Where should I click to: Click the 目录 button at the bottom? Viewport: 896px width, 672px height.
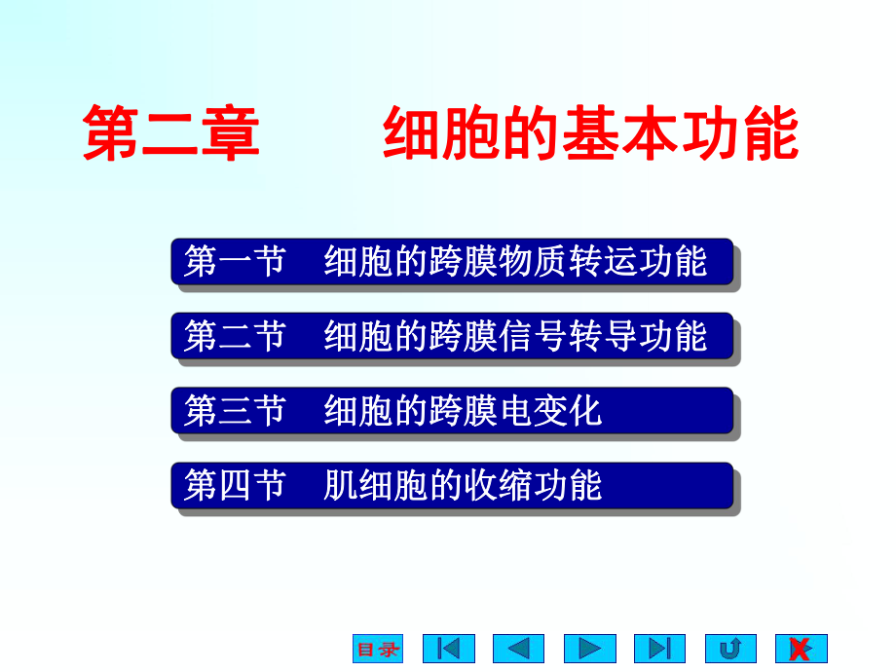click(378, 649)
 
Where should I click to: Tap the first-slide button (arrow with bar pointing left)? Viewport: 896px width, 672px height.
click(448, 649)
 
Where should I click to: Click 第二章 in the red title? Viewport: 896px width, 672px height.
click(171, 133)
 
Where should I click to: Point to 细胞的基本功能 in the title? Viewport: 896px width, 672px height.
click(590, 133)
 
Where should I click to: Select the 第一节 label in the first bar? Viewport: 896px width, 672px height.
click(235, 262)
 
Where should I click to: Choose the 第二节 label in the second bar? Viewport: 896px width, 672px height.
click(235, 336)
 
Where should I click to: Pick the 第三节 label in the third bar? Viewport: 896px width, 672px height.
click(235, 411)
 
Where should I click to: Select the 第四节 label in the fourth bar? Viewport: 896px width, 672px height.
click(235, 485)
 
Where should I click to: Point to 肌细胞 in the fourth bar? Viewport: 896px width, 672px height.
click(376, 485)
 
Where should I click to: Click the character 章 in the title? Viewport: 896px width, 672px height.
click(231, 133)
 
